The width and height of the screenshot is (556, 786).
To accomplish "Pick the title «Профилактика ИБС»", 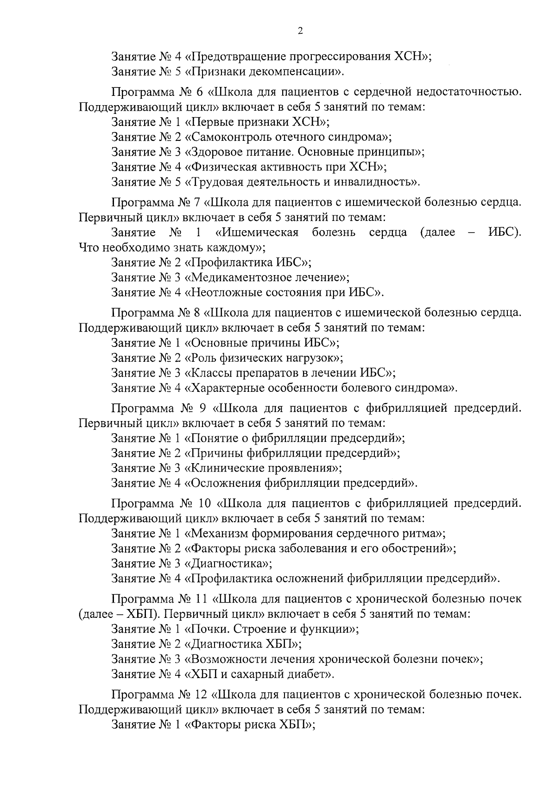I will [247, 263].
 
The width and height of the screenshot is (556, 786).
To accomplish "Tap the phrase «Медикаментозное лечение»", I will [266, 277].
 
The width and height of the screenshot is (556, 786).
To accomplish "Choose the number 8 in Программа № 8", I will [198, 313].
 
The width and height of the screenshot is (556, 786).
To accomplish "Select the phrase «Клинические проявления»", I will [263, 468].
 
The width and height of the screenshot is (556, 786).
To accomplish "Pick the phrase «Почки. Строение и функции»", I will [272, 629].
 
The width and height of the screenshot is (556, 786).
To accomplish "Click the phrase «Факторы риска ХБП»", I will [250, 725].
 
